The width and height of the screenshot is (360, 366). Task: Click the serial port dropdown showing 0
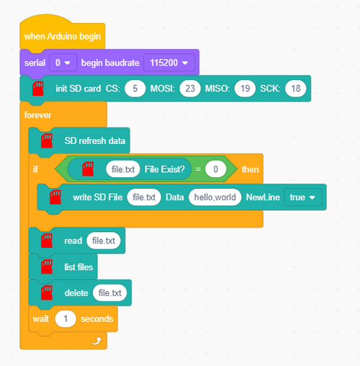click(x=63, y=63)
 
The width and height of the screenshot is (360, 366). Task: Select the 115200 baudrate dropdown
click(x=169, y=63)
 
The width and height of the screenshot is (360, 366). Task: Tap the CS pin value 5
click(x=135, y=89)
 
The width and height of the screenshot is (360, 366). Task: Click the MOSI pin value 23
click(x=190, y=89)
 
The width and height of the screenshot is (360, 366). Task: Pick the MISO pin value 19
click(x=245, y=89)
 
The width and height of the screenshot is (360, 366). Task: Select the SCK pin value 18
click(x=296, y=89)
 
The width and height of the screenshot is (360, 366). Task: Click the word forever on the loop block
click(x=38, y=115)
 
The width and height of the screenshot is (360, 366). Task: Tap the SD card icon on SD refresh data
click(x=47, y=140)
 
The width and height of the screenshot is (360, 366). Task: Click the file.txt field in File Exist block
click(x=123, y=169)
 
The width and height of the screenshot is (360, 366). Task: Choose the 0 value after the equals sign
click(x=215, y=169)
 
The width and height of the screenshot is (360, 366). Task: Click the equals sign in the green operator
click(x=198, y=169)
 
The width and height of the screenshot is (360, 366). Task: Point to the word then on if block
click(x=250, y=169)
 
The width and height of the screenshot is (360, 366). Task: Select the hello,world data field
click(x=215, y=197)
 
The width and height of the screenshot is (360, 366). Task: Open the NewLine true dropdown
click(x=302, y=197)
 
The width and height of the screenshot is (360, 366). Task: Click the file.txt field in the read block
click(x=104, y=241)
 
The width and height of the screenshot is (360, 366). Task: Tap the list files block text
click(x=78, y=267)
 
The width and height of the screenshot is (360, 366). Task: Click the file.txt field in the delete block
click(x=109, y=293)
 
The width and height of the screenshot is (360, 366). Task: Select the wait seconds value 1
click(x=66, y=319)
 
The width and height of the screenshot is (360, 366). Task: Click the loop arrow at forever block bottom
click(x=97, y=341)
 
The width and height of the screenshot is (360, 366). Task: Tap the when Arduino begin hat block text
click(x=63, y=36)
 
